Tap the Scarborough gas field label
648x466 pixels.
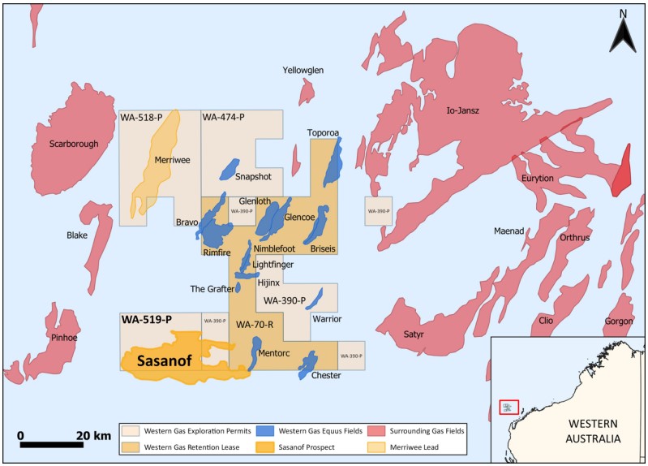tap(73, 144)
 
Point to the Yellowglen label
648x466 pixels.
tap(303, 71)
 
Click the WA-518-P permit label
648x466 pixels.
tap(141, 119)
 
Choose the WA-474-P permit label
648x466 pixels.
tap(223, 119)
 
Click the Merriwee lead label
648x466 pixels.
tap(172, 160)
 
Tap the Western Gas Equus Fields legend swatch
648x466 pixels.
tap(264, 429)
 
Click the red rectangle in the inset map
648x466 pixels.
tap(509, 407)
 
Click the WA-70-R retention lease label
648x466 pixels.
tap(253, 325)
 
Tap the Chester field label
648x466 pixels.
tap(325, 375)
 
